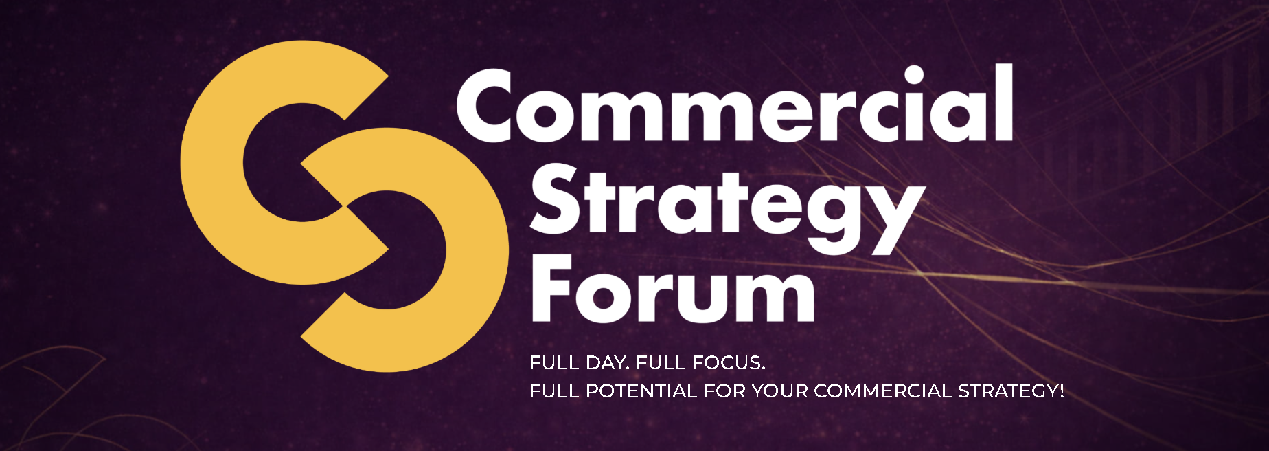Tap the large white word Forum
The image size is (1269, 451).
673,288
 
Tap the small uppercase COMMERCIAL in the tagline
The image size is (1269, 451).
883,390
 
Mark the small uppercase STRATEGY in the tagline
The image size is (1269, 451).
1007,390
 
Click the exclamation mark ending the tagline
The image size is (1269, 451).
1062,390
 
